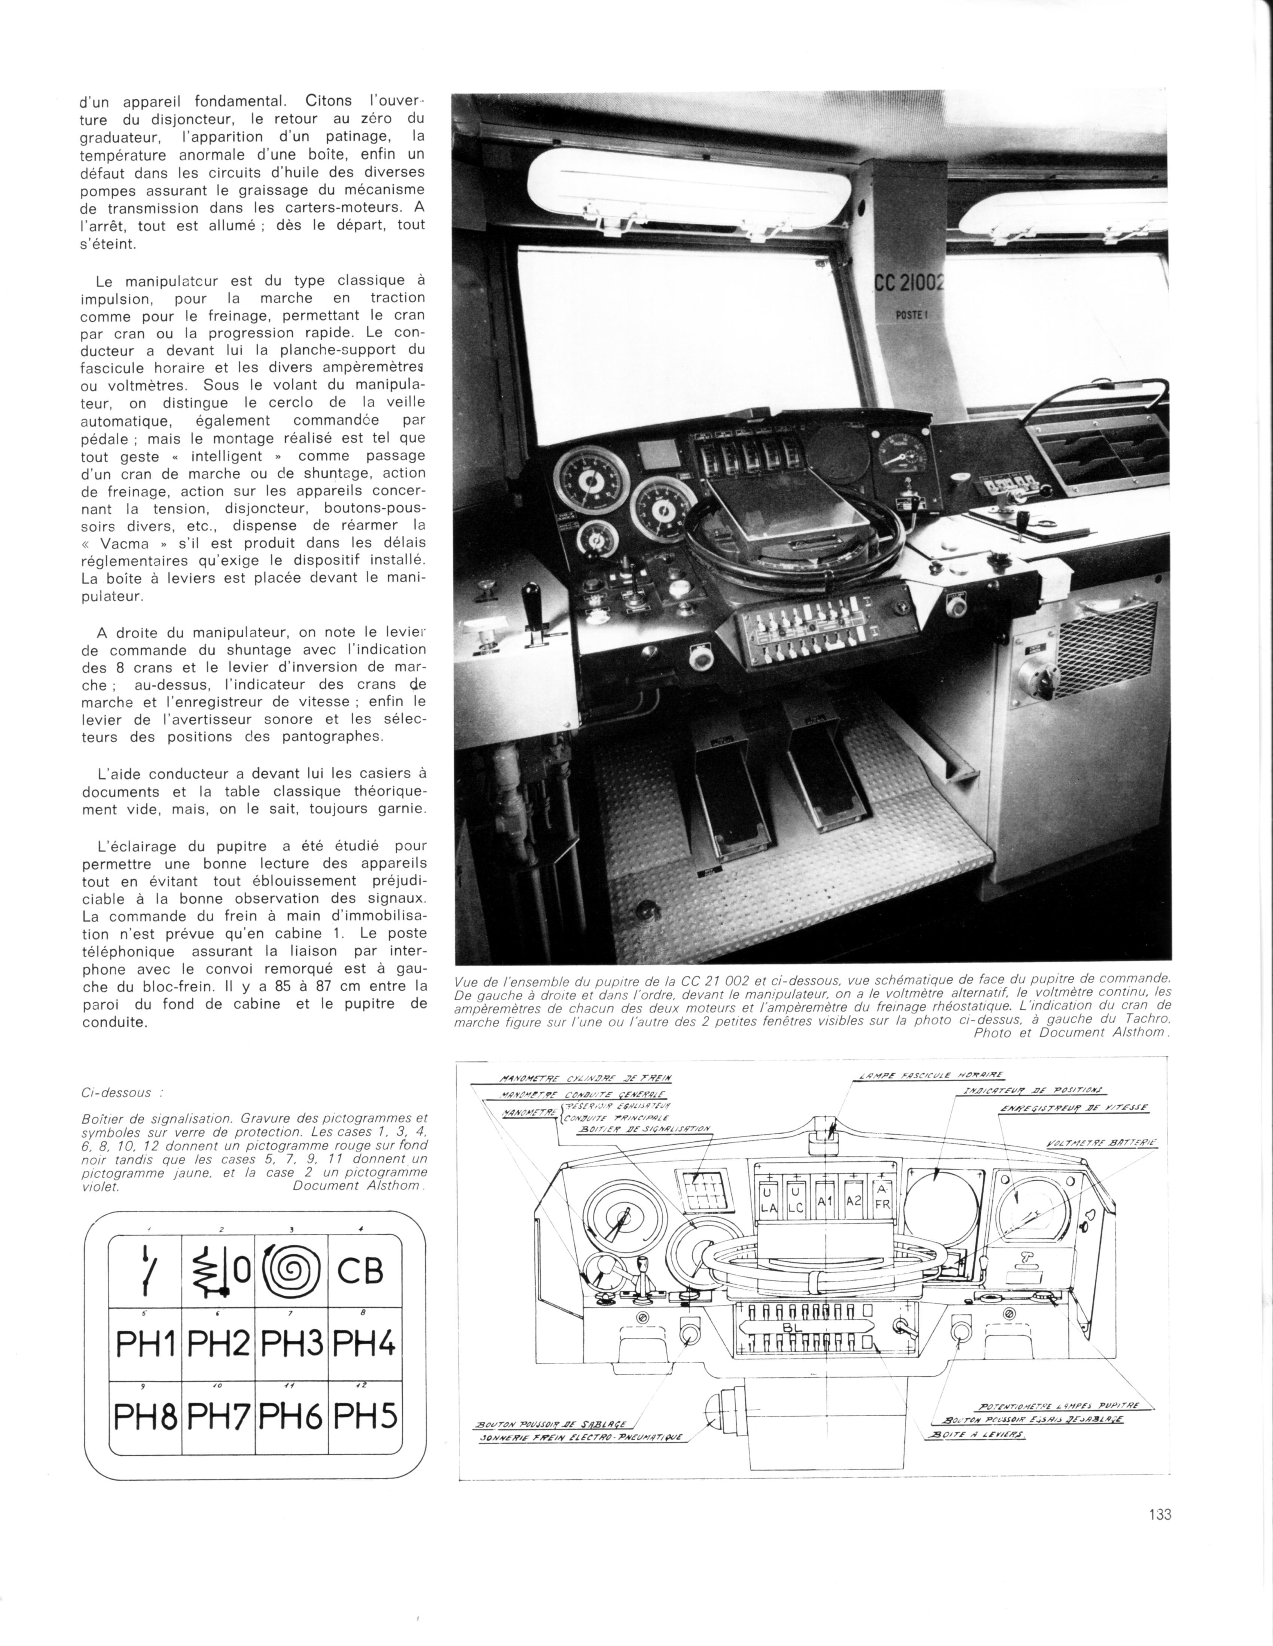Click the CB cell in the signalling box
pos(360,1272)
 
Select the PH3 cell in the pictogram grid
pos(291,1344)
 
